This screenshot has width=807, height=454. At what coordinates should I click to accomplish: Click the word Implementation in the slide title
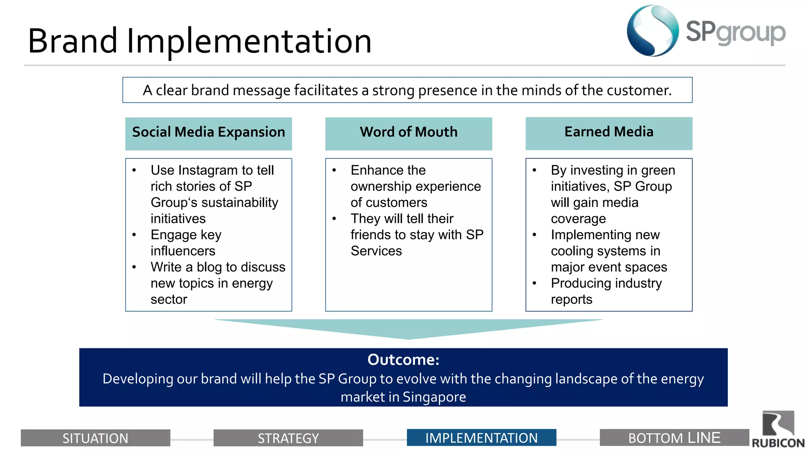249,41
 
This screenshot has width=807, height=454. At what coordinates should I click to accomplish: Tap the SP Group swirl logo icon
652,31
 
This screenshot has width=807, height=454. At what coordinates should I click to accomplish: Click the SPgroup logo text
735,32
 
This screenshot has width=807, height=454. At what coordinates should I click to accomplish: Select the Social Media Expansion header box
208,133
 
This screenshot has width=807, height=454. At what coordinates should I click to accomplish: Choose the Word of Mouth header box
409,133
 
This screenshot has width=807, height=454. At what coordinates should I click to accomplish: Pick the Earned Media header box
609,133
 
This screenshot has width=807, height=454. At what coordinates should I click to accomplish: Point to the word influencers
183,251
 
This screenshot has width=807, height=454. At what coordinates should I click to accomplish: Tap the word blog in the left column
209,267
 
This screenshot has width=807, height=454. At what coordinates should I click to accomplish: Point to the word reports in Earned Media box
571,300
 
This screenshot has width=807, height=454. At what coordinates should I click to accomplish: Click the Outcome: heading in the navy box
403,359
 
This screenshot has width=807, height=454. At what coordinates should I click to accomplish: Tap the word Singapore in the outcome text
434,397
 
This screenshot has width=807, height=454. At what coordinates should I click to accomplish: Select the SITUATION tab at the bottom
95,438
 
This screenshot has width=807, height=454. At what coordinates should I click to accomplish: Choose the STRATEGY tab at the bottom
288,438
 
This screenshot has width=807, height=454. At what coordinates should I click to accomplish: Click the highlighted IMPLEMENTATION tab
481,437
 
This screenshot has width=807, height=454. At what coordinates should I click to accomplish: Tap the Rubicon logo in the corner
778,430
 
